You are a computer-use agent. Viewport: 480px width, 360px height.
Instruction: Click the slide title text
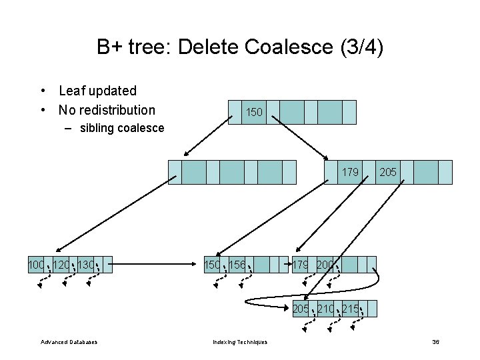coord(240,47)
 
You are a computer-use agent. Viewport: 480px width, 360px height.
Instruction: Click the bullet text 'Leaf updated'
coord(97,91)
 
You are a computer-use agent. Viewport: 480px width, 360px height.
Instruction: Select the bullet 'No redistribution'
coord(107,110)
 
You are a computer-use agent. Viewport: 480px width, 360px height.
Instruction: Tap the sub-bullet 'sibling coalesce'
coord(121,128)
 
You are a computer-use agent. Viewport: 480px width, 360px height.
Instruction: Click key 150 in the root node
coord(254,113)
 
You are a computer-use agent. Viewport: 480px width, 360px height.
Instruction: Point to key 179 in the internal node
coord(350,173)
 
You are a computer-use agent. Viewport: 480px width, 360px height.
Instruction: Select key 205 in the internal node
coord(388,173)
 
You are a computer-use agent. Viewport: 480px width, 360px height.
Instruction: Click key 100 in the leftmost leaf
coord(36,265)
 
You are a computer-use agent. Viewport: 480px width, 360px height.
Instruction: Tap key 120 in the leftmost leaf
coord(61,265)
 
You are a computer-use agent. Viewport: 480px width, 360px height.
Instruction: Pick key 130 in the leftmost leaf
coord(86,265)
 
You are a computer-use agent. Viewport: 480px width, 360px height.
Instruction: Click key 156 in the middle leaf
coord(237,265)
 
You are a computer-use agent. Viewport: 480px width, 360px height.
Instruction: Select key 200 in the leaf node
coord(326,265)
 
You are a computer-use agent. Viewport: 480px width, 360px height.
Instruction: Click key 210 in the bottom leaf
coord(326,309)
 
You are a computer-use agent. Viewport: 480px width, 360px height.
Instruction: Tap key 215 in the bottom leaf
coord(351,309)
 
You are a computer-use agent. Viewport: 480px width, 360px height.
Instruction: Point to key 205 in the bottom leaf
coord(301,309)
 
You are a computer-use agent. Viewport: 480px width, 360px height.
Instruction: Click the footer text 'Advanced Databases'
coord(69,342)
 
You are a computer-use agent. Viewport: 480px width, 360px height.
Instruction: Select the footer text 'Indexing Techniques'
coord(240,342)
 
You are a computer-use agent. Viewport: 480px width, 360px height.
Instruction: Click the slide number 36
coord(435,342)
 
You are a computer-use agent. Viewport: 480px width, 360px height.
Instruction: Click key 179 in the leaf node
coord(301,265)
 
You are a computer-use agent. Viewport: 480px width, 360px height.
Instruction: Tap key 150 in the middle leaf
coord(213,265)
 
